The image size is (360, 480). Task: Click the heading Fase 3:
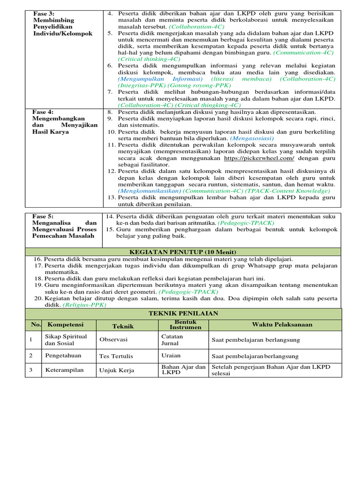[44, 14]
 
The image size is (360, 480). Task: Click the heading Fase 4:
[44, 112]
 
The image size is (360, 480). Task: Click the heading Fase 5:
[43, 216]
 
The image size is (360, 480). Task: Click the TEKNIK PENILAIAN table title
[183, 313]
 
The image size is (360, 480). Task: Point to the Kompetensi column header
[63, 325]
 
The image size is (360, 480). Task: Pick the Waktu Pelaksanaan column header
[275, 325]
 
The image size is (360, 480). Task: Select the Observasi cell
[113, 339]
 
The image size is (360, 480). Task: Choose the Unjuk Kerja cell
[116, 370]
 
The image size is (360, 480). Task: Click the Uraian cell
[171, 356]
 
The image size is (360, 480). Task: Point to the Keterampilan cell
[64, 370]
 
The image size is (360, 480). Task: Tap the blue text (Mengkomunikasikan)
[150, 191]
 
